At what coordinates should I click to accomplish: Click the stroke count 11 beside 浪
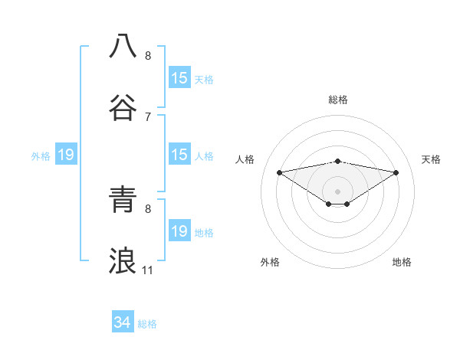click(x=147, y=270)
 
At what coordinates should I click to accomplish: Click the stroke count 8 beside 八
click(x=147, y=55)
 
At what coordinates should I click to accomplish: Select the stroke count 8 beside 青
click(x=147, y=208)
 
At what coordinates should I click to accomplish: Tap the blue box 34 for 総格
click(x=122, y=323)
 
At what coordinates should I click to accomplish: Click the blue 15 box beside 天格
click(x=179, y=78)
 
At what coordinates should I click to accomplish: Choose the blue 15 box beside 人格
click(x=179, y=155)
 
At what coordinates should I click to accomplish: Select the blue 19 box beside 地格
click(x=179, y=231)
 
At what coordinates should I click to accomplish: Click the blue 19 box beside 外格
click(x=65, y=155)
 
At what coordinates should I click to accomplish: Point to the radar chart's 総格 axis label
click(x=338, y=100)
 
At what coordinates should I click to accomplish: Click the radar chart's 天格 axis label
click(x=432, y=159)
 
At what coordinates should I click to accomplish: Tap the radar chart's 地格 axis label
click(x=402, y=262)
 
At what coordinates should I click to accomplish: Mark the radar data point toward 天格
click(x=396, y=172)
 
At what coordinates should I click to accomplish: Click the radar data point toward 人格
click(x=280, y=172)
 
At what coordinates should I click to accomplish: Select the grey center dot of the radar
click(x=338, y=191)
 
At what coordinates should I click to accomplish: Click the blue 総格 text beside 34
click(x=147, y=324)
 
